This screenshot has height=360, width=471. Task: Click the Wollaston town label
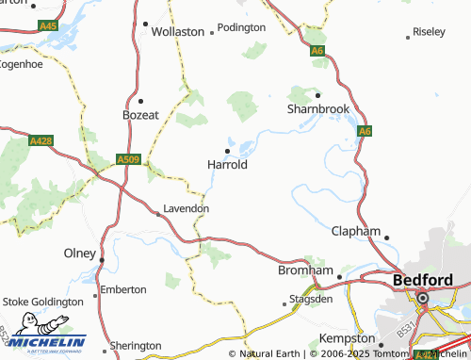pos(178,31)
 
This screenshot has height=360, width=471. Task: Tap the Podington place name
pos(241,28)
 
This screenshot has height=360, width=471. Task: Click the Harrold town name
pos(226,164)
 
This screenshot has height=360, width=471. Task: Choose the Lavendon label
pos(186,208)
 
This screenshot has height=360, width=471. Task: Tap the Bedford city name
pos(422,280)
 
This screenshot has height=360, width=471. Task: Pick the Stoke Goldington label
pos(42,303)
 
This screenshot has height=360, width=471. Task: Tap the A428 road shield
pos(41,141)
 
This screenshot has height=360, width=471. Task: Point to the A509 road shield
pos(129,161)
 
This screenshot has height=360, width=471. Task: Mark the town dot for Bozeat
pos(140,100)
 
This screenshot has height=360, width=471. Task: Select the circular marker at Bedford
pos(422,299)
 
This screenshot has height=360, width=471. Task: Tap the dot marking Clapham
pos(386,237)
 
